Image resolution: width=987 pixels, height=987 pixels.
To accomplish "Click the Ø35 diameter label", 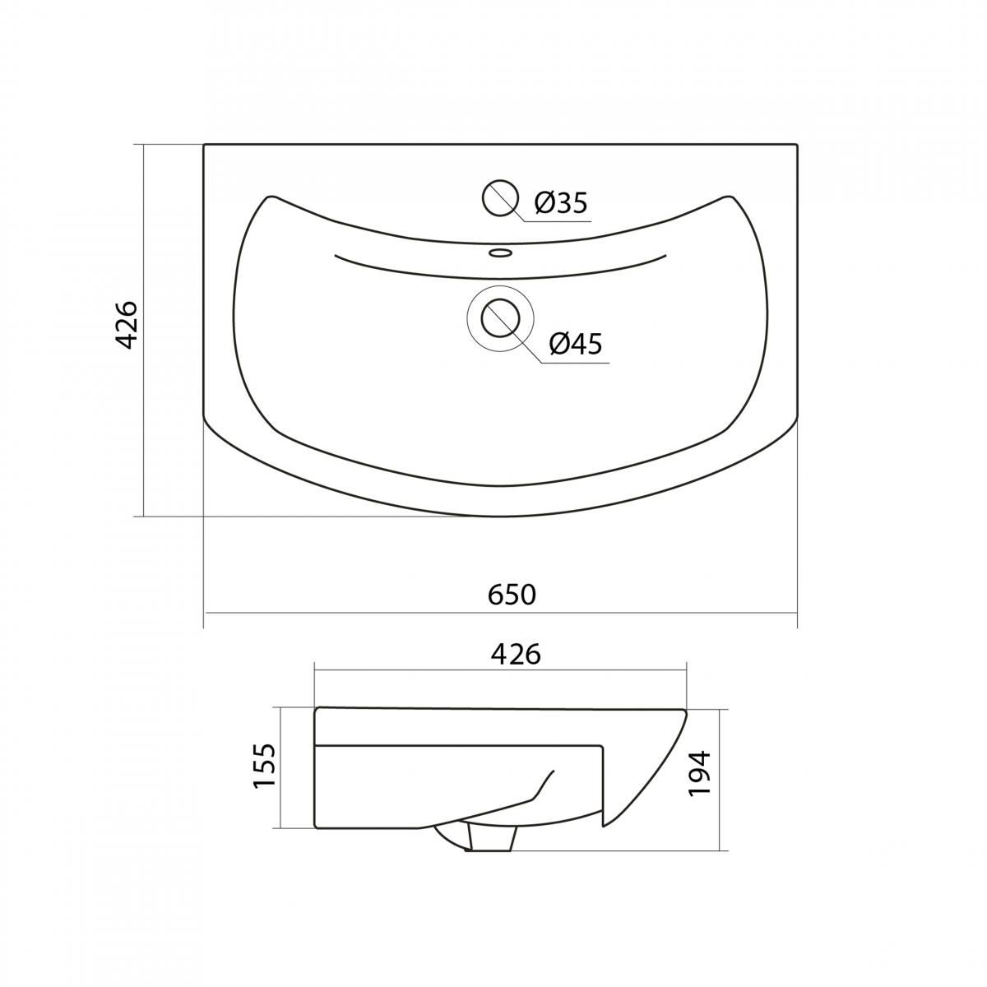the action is pos(560,203).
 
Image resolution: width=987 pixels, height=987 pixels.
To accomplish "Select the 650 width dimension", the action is pos(512,595).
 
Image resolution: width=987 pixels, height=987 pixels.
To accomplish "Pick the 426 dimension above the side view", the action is pos(516,655).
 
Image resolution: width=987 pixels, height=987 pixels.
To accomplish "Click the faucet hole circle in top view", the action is pos(500,197).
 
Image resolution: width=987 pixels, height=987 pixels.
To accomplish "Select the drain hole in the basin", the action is pos(500,318).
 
